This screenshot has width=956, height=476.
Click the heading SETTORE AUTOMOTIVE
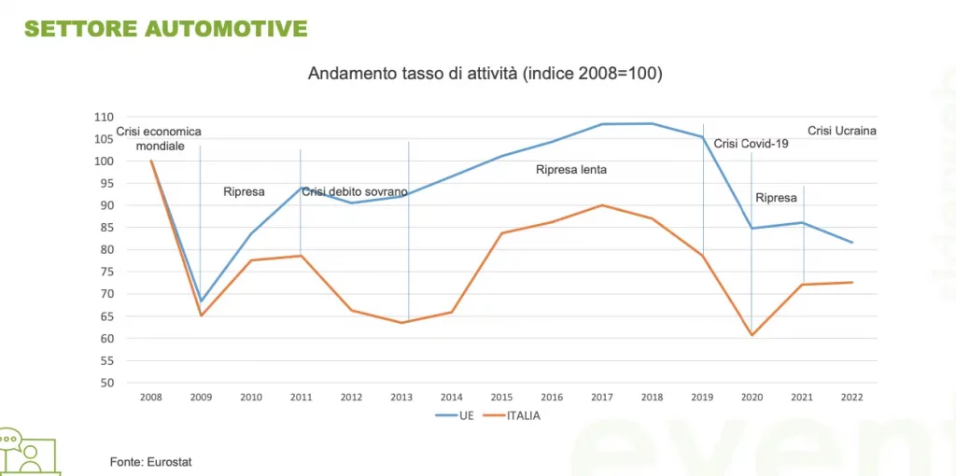coord(165,29)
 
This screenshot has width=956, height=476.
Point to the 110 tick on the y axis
coord(129,118)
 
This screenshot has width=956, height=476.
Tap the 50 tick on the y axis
coord(133,383)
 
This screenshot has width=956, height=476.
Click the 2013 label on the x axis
coord(401,397)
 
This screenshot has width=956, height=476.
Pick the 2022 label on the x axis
coord(851,397)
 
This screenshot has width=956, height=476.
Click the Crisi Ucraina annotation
coord(841,132)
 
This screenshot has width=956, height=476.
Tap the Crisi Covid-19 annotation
coord(752,144)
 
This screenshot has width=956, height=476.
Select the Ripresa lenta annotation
coord(571,171)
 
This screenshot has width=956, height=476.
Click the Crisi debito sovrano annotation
coord(355,192)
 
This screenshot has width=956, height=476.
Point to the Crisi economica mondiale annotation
coord(160,139)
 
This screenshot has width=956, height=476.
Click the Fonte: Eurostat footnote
coord(144,461)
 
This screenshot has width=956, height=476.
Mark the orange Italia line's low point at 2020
coord(752,335)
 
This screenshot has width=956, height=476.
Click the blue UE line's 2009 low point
coord(201,301)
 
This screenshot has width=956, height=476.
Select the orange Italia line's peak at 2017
coord(601,205)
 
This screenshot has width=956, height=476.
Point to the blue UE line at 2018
coord(652,123)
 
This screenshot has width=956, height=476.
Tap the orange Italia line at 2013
coord(401,323)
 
